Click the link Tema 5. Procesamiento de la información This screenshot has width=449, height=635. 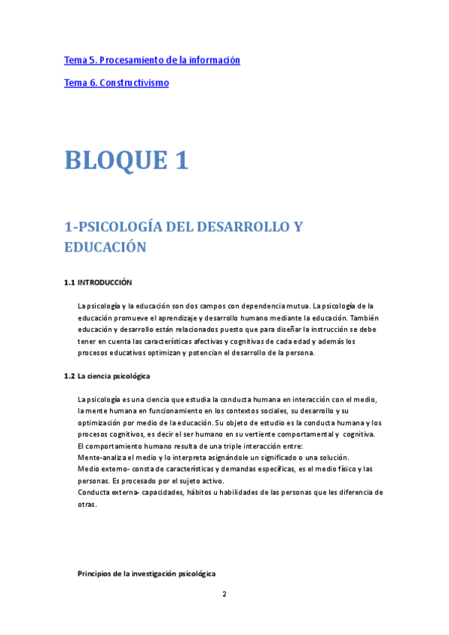[x=152, y=60]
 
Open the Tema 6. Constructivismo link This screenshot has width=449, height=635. [x=116, y=82]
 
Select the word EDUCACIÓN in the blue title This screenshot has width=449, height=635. [x=105, y=247]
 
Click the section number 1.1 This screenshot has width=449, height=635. [x=70, y=282]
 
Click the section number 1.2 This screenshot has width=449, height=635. [x=70, y=375]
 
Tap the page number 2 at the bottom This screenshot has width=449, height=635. [x=224, y=594]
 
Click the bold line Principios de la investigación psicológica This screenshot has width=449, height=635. [x=147, y=574]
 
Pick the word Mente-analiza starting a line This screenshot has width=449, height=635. [x=100, y=458]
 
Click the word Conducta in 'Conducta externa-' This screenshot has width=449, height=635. [x=93, y=492]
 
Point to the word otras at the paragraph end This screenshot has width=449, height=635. [x=87, y=504]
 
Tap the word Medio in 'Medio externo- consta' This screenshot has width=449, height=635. [x=89, y=469]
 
